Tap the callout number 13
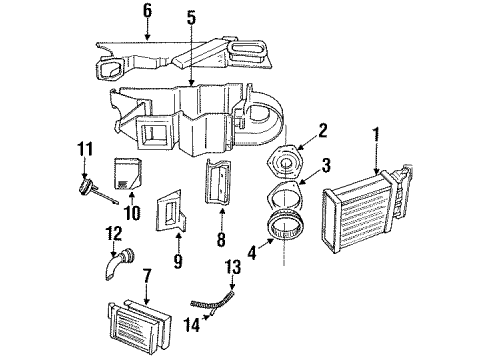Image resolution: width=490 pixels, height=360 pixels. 233,267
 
